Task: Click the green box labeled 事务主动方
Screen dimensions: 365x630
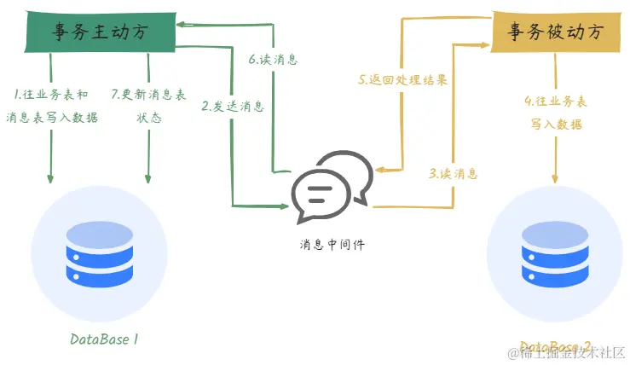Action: (x=99, y=31)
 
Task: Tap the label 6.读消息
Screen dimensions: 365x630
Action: (x=274, y=61)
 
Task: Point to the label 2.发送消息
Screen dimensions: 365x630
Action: (x=233, y=107)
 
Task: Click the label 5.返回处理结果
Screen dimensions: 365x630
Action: (x=402, y=79)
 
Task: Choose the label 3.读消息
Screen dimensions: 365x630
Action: (x=453, y=173)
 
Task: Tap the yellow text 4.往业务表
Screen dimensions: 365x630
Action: (x=555, y=101)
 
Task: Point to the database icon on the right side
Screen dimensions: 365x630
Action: (x=555, y=251)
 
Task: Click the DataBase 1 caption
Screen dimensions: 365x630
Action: (x=104, y=339)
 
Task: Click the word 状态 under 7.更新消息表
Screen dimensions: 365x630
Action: (x=149, y=118)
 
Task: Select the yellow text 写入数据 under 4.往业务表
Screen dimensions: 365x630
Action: (x=555, y=125)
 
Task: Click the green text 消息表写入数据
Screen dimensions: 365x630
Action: (x=52, y=118)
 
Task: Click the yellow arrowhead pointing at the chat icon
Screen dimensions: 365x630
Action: (x=381, y=168)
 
